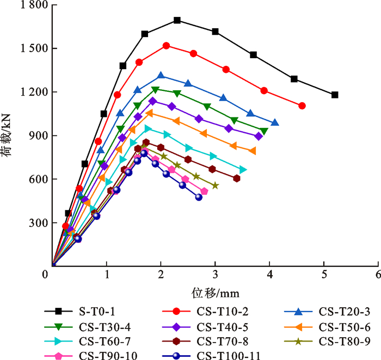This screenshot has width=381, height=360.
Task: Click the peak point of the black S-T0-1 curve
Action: (x=177, y=20)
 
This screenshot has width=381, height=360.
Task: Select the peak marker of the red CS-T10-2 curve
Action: (x=166, y=46)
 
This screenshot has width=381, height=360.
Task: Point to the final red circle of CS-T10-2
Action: (x=302, y=105)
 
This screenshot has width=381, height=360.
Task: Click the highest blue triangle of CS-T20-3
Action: (x=161, y=76)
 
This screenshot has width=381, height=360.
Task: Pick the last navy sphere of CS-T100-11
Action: (x=199, y=197)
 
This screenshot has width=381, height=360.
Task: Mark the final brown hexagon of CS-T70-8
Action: (x=237, y=178)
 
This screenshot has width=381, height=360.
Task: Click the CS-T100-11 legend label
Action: (x=230, y=356)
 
